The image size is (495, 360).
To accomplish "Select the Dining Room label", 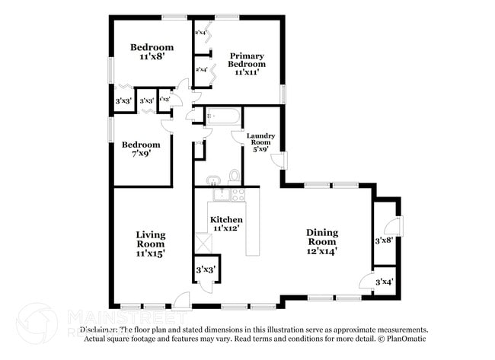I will point(322,237).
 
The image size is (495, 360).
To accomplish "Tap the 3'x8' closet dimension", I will point(384,241).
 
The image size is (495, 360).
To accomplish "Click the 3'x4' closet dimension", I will point(386,283).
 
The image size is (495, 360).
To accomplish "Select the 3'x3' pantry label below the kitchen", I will point(205,269).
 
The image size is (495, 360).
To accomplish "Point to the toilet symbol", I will point(235,177).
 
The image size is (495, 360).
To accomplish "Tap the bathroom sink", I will point(212,180).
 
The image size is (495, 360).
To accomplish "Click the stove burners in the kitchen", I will point(238,195).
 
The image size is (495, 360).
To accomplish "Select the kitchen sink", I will point(221,195).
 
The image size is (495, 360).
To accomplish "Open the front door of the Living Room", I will point(180,299).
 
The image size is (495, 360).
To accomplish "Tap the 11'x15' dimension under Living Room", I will point(151,252).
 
